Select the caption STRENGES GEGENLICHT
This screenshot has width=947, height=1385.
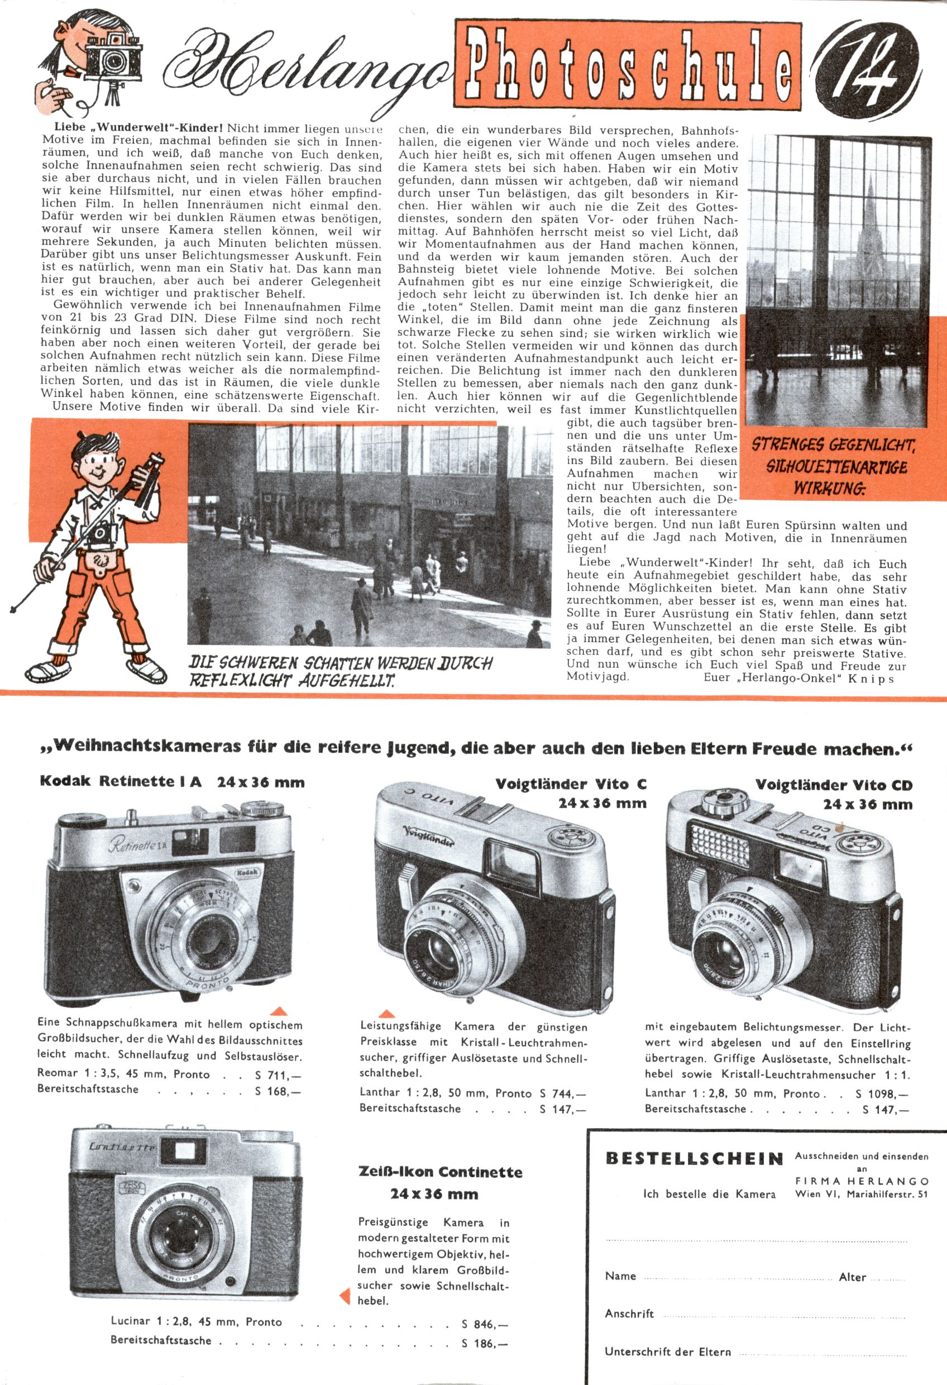[x=833, y=445]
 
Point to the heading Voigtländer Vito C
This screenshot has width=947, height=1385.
[x=570, y=784]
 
